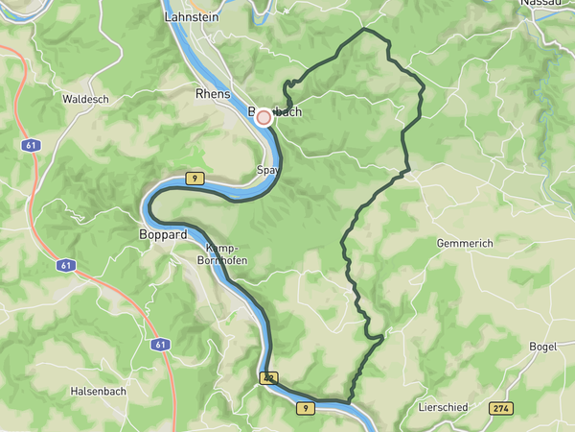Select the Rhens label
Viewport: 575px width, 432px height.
[213, 94]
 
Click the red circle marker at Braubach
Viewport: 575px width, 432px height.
[264, 116]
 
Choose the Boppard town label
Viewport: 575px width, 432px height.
[162, 233]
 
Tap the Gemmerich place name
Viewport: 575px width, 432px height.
[464, 244]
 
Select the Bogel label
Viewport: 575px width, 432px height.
[543, 347]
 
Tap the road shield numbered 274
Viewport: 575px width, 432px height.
[499, 408]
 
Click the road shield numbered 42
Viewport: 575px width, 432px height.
[268, 379]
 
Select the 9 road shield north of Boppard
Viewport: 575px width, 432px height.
[195, 179]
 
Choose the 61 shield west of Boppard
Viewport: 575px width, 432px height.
[65, 265]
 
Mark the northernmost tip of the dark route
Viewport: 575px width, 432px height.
[364, 30]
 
